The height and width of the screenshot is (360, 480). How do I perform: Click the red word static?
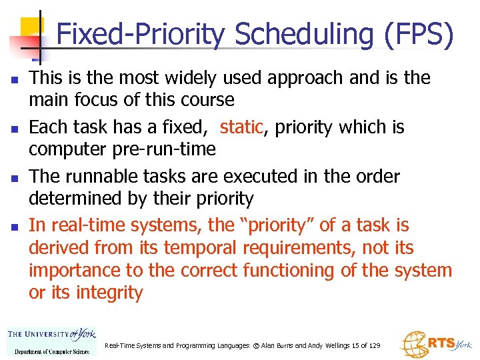pyautogui.click(x=241, y=127)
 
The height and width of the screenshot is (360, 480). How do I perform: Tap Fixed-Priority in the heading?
pyautogui.click(x=141, y=35)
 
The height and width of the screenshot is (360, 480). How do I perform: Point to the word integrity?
pyautogui.click(x=108, y=293)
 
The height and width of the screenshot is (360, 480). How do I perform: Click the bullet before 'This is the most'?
pyautogui.click(x=14, y=79)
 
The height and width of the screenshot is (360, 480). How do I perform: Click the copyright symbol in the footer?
pyautogui.click(x=251, y=345)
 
